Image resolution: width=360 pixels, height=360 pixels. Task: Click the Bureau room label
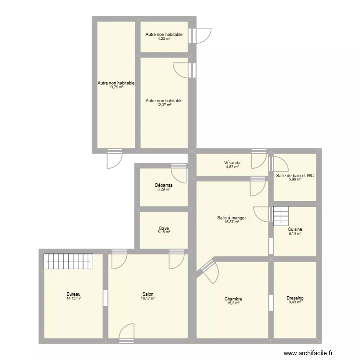coord(73,294)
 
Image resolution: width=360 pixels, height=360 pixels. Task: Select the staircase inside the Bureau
coord(67,262)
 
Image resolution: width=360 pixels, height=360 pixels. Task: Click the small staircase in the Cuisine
coord(280,216)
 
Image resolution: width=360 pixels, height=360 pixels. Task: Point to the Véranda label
coord(232,163)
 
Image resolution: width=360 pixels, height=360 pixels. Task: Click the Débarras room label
coord(164,185)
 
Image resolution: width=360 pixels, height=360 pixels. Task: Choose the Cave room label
coord(164,228)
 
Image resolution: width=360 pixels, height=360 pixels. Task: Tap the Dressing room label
coord(295,298)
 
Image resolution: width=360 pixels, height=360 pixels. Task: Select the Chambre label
coord(233,299)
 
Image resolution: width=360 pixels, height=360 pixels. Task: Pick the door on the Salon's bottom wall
coord(126,333)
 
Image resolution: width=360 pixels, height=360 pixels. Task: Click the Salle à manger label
coord(231,218)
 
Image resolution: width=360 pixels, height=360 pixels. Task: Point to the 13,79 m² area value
coord(116,87)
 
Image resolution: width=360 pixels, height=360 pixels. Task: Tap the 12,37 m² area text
coord(164,105)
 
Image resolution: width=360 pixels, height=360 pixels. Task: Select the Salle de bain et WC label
coord(295,176)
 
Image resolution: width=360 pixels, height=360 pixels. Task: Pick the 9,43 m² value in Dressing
coord(295,302)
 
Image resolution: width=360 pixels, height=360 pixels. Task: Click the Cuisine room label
coord(295,229)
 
